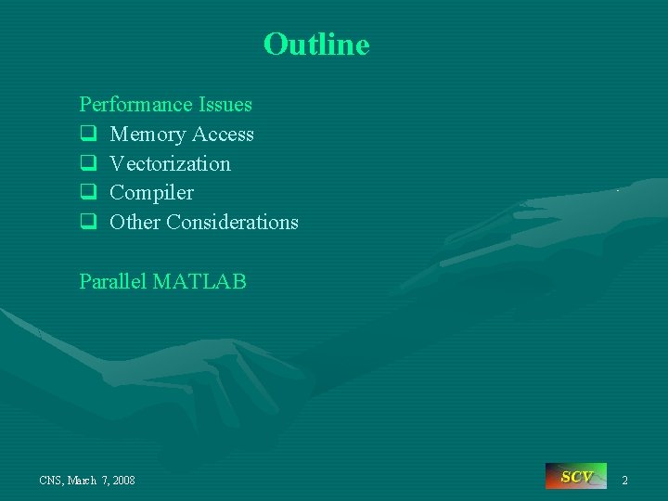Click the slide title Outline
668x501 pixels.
pyautogui.click(x=316, y=44)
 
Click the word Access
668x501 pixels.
pyautogui.click(x=223, y=135)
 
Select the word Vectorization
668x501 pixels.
pyautogui.click(x=170, y=164)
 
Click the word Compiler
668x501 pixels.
pyautogui.click(x=151, y=193)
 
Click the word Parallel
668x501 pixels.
pyautogui.click(x=113, y=281)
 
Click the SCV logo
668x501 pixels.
pyautogui.click(x=575, y=477)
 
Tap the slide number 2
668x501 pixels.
pyautogui.click(x=624, y=480)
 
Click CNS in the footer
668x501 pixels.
pyautogui.click(x=51, y=481)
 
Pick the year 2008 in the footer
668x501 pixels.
pyautogui.click(x=122, y=481)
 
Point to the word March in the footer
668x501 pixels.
pyautogui.click(x=84, y=481)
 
